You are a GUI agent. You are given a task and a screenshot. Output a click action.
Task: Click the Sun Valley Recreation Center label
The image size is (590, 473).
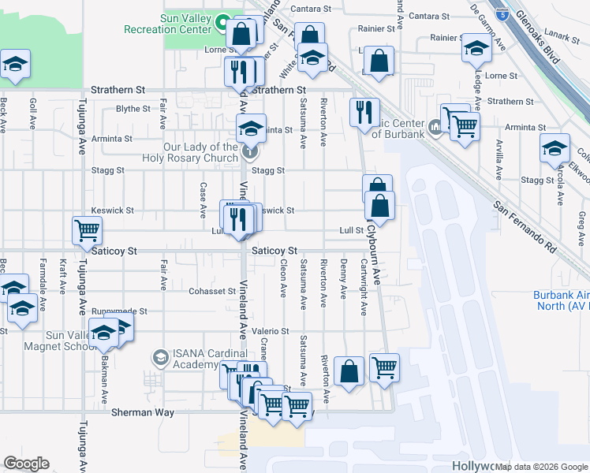168,23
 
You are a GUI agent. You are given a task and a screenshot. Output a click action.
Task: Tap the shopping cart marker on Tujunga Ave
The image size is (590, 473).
88,231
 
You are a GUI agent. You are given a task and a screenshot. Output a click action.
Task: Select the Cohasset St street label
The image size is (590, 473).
207,291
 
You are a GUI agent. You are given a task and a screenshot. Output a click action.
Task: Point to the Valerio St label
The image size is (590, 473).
271,331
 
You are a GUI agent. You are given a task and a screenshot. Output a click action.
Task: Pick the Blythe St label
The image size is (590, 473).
133,110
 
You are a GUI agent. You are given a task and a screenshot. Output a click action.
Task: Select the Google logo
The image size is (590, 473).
26,464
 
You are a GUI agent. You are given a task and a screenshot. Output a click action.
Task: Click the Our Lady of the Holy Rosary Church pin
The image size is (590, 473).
250,148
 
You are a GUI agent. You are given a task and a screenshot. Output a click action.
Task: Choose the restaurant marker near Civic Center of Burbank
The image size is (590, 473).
364,112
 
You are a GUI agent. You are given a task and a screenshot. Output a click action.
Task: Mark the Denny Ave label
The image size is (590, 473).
343,279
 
